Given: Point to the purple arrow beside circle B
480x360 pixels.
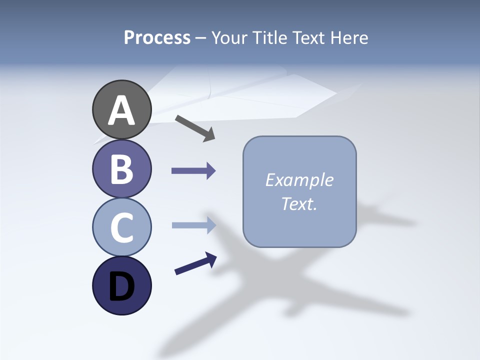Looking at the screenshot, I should tap(193, 171).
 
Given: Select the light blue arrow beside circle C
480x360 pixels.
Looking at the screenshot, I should tap(193, 225).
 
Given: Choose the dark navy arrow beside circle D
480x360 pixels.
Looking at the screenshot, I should tap(195, 263).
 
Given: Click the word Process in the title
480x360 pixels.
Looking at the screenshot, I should tap(157, 37).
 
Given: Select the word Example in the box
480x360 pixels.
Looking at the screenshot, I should tap(299, 180).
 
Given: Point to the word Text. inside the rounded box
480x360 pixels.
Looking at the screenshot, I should tap(299, 204).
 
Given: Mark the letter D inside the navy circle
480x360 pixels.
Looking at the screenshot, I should tap(121, 286).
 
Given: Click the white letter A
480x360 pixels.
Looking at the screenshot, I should tap(121, 110).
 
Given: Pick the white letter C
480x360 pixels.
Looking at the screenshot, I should tap(121, 227).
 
